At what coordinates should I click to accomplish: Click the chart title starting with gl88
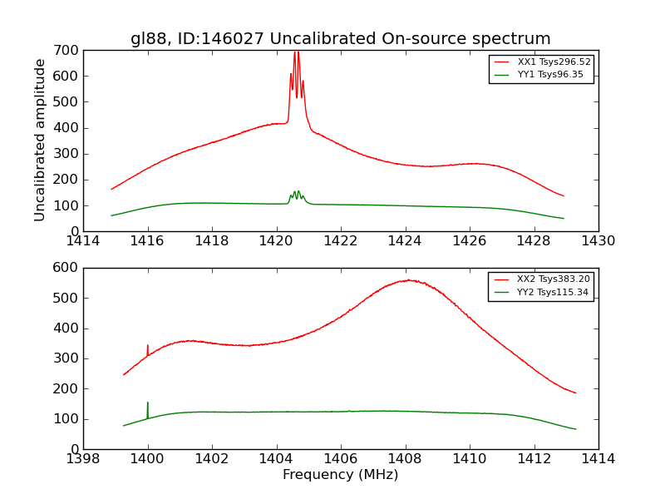tap(340, 38)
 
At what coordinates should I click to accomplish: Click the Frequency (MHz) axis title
tap(340, 475)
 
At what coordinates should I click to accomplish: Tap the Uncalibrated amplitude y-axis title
tap(40, 140)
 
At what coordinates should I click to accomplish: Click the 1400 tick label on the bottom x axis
tap(148, 458)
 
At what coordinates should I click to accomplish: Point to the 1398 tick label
tap(83, 458)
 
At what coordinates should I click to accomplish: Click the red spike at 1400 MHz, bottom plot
tap(148, 348)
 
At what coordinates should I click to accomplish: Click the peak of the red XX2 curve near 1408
tap(408, 280)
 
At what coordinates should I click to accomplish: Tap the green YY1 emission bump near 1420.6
tap(296, 194)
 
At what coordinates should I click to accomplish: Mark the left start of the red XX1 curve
tap(112, 189)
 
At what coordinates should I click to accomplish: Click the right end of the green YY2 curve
tap(575, 429)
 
